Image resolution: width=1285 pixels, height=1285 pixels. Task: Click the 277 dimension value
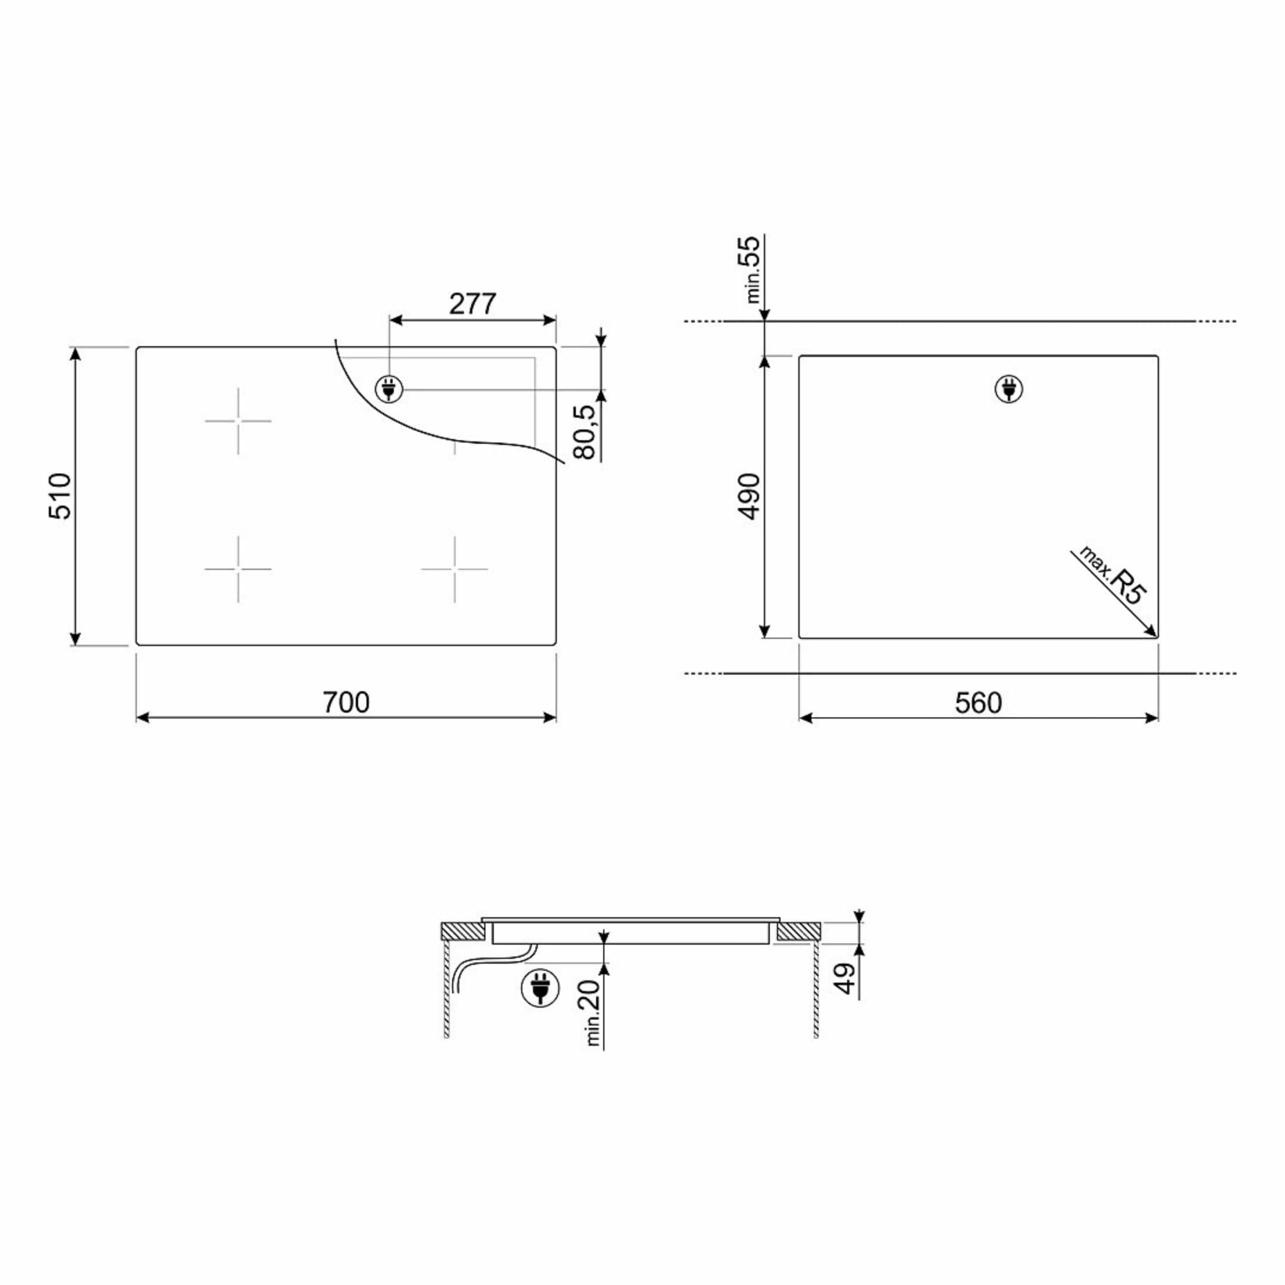[472, 304]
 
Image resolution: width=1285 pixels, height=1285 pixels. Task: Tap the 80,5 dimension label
[585, 432]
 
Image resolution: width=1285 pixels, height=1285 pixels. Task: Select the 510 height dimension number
[60, 495]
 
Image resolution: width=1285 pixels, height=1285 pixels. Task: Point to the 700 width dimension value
[346, 702]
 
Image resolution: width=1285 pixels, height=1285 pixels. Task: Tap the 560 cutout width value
[978, 703]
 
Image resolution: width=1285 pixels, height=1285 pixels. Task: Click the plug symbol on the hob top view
[389, 389]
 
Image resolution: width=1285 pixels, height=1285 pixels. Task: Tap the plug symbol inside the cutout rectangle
[1008, 389]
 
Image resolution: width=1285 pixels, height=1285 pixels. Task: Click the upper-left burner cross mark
[238, 421]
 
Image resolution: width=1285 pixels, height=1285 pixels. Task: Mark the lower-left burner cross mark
[238, 569]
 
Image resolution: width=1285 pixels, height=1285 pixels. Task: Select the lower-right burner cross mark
[455, 569]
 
